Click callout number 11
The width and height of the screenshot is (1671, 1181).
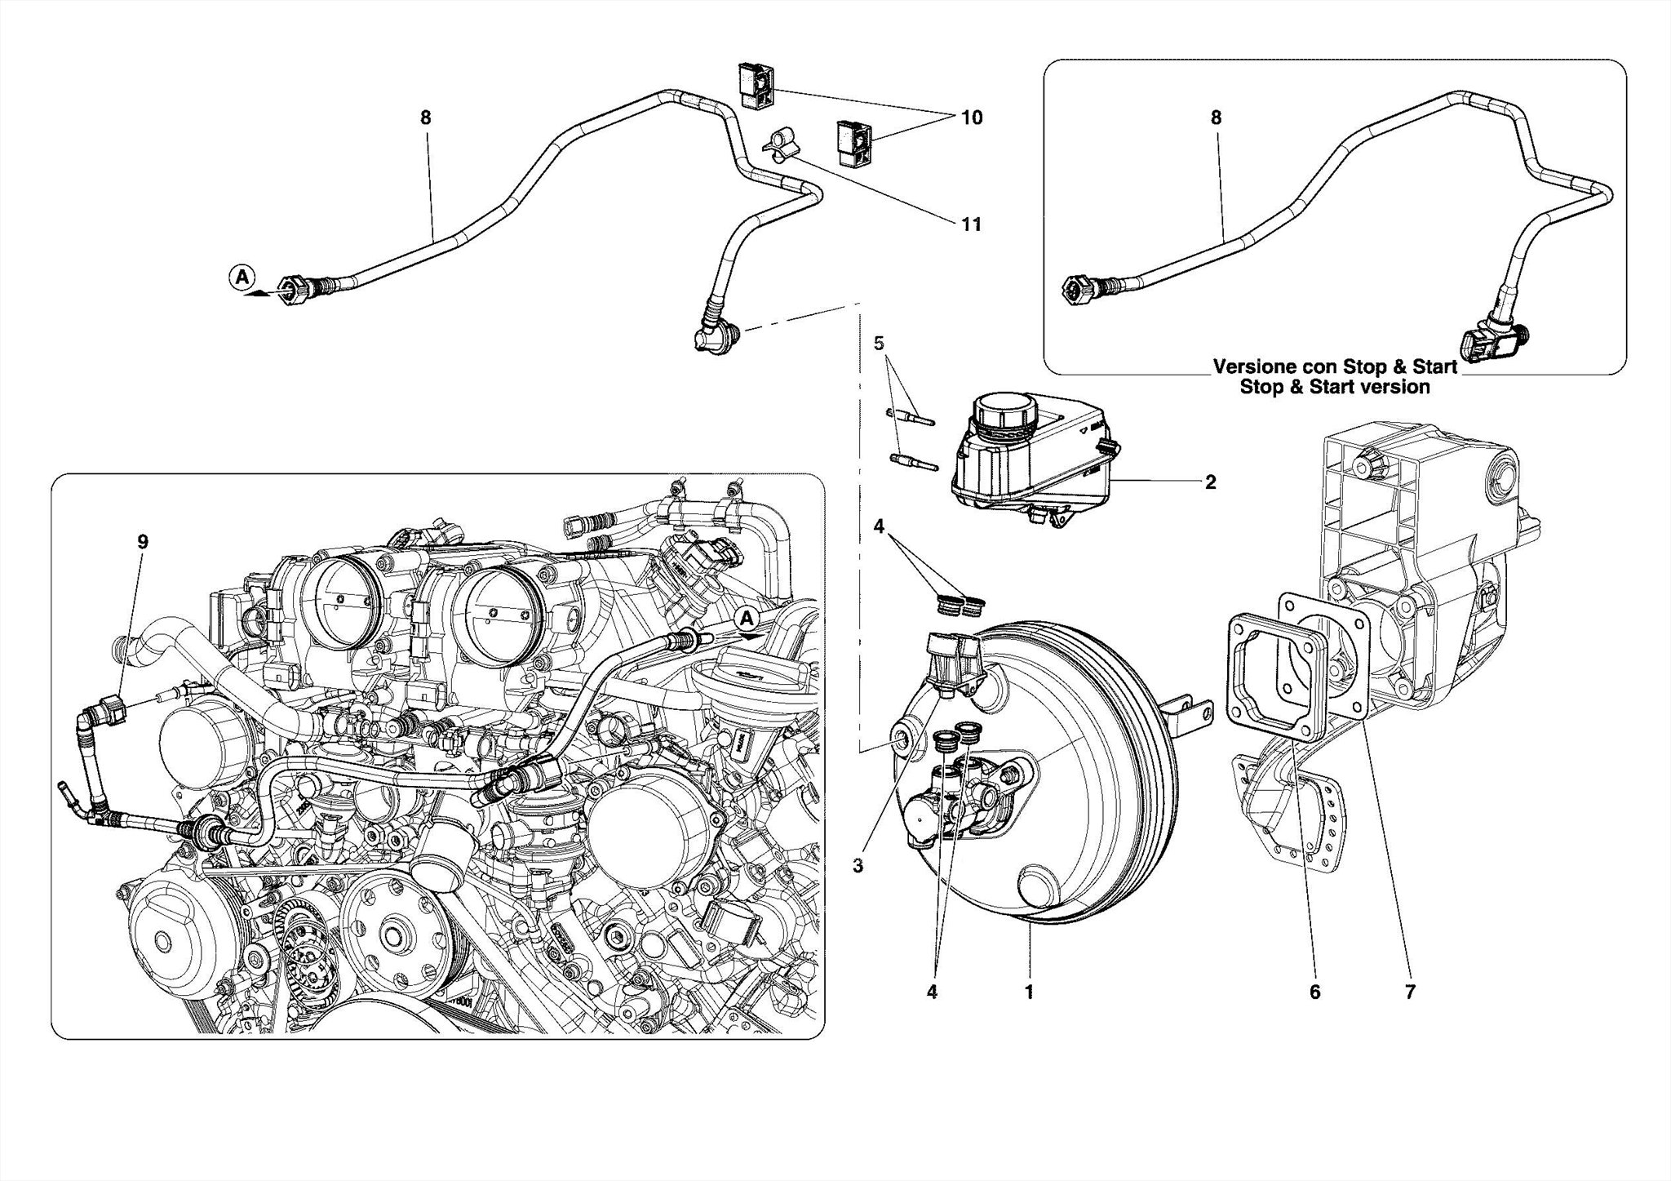[971, 224]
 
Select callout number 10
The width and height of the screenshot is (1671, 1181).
[971, 118]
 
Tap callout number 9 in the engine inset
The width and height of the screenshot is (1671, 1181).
[143, 542]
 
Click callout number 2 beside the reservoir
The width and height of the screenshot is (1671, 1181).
[1210, 482]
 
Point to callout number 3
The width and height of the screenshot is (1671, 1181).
[858, 867]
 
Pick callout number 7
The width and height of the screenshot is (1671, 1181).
[1410, 992]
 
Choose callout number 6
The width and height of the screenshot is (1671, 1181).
[1314, 992]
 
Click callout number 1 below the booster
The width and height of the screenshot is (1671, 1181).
[1029, 992]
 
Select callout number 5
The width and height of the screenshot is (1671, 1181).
[879, 344]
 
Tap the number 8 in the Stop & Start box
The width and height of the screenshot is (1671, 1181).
[1216, 118]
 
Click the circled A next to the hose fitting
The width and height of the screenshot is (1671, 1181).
[242, 277]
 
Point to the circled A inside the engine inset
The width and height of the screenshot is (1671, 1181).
[746, 618]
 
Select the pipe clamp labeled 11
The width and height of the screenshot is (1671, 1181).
[779, 146]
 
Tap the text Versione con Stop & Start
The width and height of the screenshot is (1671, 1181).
[1335, 366]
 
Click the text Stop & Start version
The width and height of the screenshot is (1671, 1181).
[1335, 387]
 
